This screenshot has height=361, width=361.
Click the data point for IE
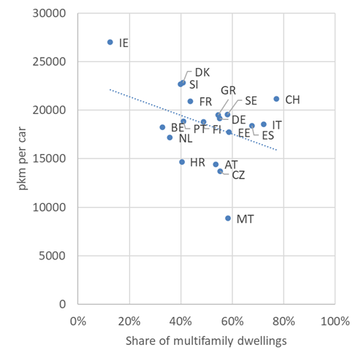110,42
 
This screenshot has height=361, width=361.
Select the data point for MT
228,218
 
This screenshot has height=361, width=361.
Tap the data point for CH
276,99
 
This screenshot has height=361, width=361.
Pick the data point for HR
182,161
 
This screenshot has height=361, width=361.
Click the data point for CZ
220,171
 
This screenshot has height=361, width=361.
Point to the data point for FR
190,102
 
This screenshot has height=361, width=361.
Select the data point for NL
170,137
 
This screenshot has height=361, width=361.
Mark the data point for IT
264,124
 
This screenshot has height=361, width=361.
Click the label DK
202,72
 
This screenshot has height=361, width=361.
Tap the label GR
228,90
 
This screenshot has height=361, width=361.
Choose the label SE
251,100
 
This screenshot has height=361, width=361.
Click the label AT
231,164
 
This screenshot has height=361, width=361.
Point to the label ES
268,135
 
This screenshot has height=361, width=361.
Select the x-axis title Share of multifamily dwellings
205,341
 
